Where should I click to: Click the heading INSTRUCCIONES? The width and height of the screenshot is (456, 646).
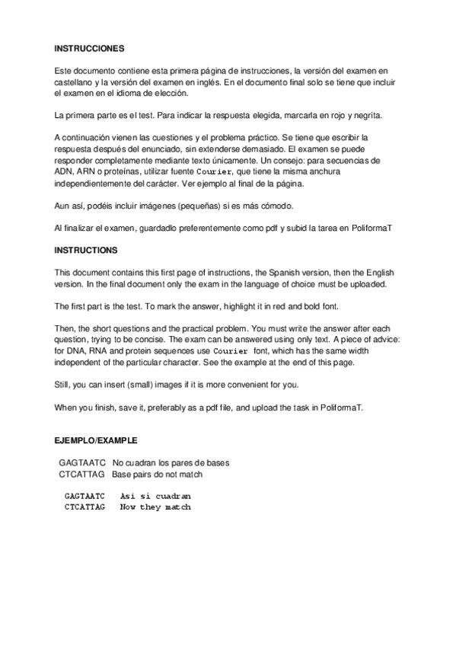[x=88, y=48]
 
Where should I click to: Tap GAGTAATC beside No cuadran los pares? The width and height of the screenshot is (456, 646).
[x=82, y=463]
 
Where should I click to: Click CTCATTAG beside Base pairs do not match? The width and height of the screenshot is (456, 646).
[x=82, y=475]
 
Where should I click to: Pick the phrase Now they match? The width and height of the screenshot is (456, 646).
[x=155, y=507]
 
